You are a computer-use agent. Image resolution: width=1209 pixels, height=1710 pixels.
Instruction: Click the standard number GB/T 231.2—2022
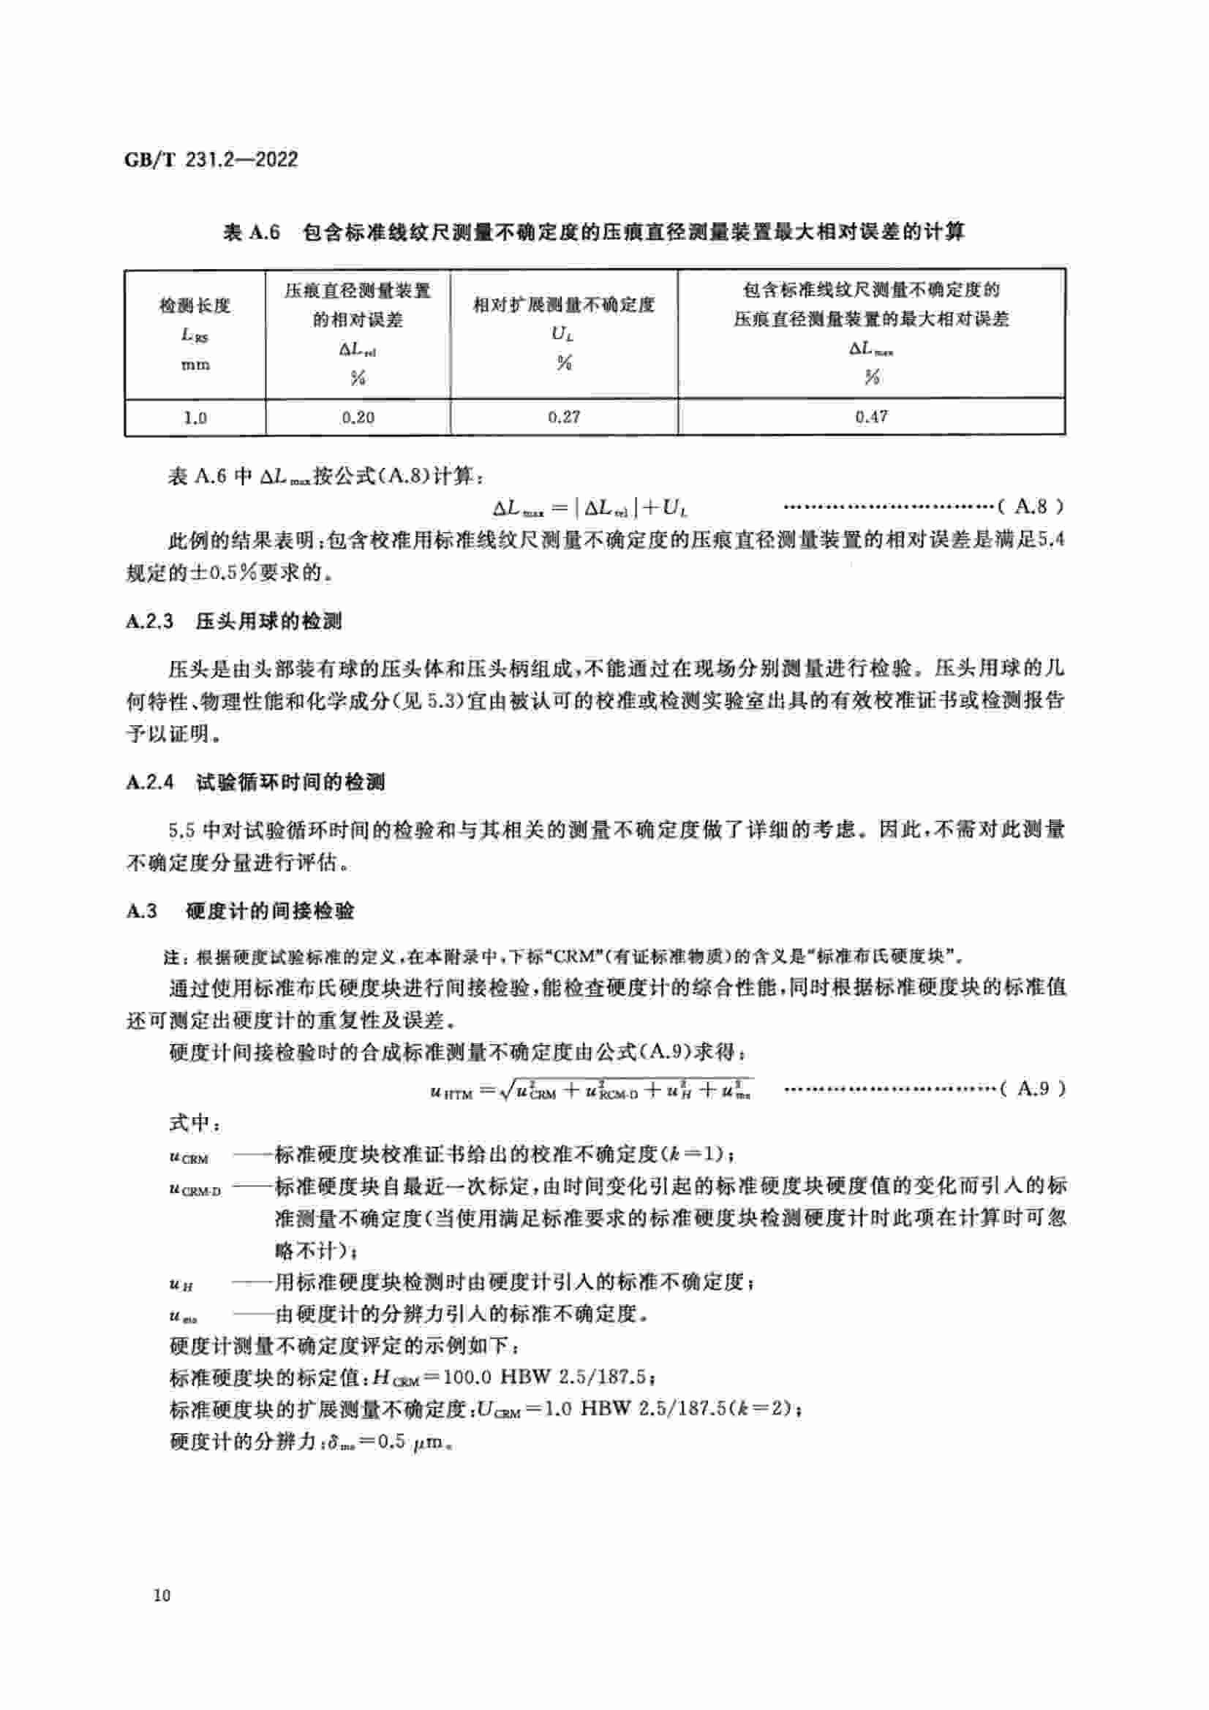[211, 159]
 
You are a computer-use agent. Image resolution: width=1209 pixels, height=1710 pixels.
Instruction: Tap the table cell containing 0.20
[358, 417]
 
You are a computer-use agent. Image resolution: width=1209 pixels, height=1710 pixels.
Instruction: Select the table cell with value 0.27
[564, 417]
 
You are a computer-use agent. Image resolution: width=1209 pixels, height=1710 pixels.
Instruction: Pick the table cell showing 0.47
[871, 416]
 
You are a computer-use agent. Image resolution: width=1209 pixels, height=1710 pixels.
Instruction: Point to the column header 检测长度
[195, 306]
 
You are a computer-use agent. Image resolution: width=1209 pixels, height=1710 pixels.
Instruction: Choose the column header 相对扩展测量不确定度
[564, 305]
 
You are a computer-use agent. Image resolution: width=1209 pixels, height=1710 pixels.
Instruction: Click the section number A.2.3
[150, 621]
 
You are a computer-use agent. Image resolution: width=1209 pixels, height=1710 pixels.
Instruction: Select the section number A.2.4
[150, 782]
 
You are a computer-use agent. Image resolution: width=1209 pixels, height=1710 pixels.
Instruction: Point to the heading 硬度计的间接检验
[270, 911]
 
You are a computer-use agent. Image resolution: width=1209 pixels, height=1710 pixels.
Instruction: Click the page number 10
[162, 1594]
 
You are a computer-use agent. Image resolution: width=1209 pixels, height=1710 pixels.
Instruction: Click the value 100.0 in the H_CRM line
[467, 1377]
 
